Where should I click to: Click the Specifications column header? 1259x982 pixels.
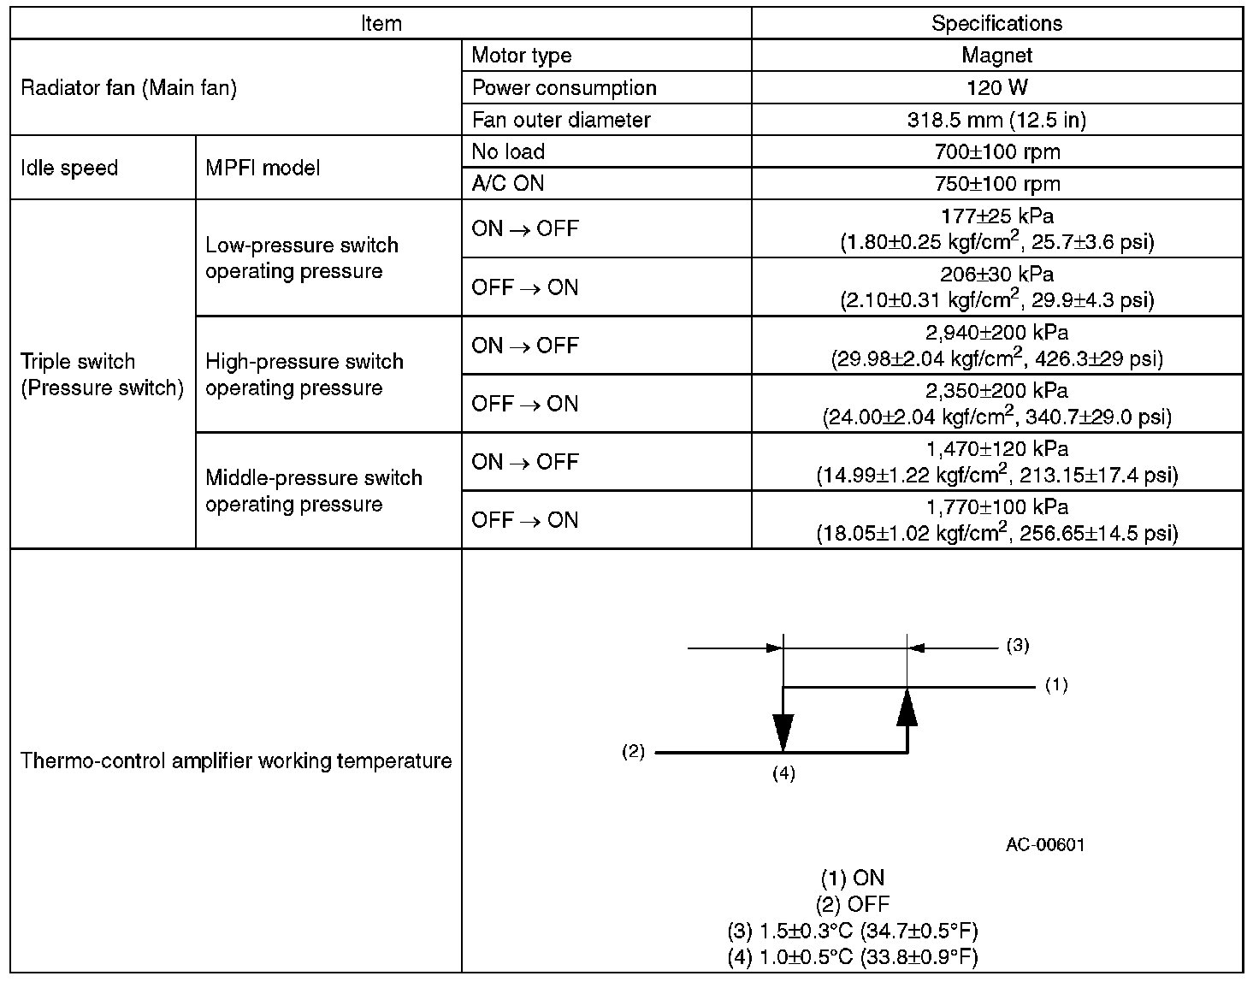(996, 23)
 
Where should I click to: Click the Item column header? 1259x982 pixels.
(381, 23)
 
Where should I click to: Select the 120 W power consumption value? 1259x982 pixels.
(996, 87)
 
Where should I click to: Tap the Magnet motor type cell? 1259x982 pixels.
(996, 56)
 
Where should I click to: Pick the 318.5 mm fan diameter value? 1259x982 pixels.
(996, 120)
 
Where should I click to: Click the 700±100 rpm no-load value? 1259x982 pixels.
(996, 152)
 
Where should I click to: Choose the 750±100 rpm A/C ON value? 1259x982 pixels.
(996, 184)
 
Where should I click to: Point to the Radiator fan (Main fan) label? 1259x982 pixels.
(128, 87)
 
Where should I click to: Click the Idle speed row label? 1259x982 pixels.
(69, 168)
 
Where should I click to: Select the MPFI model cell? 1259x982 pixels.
(263, 168)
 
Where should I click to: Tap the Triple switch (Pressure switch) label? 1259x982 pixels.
(102, 375)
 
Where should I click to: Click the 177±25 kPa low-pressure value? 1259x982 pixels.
(996, 217)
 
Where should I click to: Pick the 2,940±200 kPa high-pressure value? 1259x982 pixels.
(996, 333)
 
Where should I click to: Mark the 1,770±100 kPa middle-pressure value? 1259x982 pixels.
(996, 507)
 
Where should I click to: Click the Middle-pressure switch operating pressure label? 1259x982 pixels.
(313, 491)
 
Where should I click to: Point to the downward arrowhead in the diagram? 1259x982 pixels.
(783, 732)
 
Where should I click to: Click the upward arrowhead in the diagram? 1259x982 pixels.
(907, 707)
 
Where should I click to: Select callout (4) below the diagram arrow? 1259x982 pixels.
(783, 773)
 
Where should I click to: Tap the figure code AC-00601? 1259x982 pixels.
(1045, 845)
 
